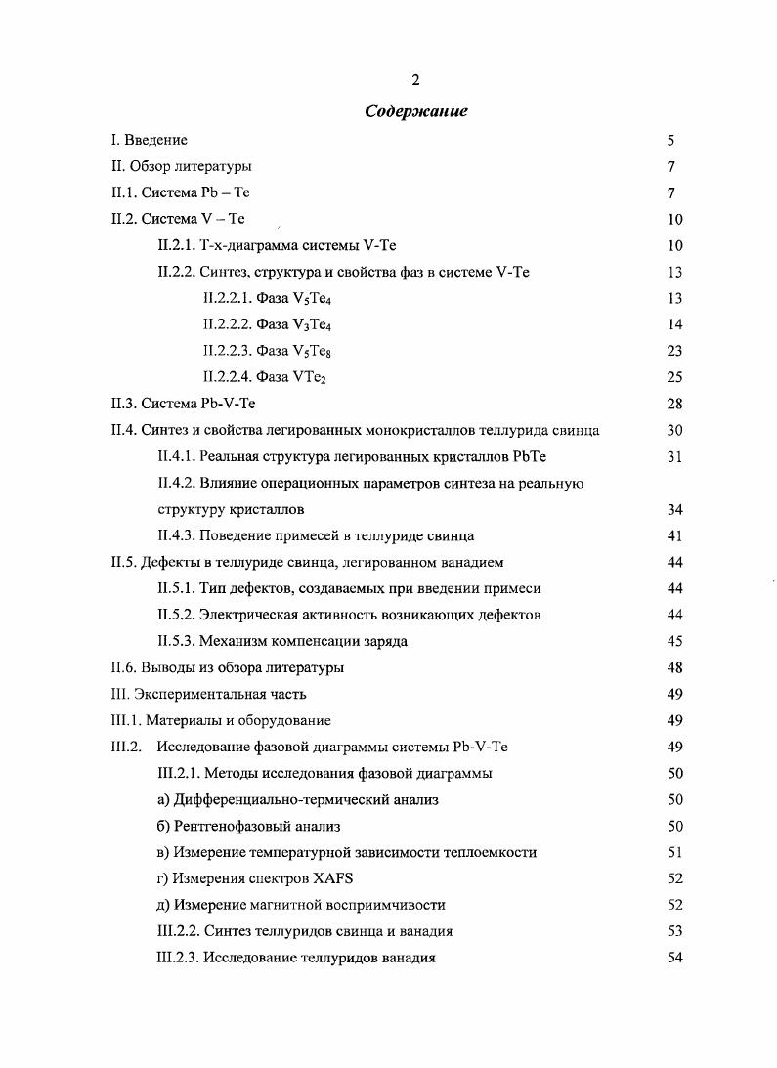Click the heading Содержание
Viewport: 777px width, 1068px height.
[415, 111]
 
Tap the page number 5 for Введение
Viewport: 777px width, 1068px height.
[671, 141]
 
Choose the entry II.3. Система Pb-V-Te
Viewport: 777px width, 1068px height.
[184, 404]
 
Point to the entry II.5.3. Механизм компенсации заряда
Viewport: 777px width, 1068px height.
[282, 641]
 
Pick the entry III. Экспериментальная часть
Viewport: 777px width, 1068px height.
[209, 694]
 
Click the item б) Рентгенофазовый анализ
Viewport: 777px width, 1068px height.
[248, 826]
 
